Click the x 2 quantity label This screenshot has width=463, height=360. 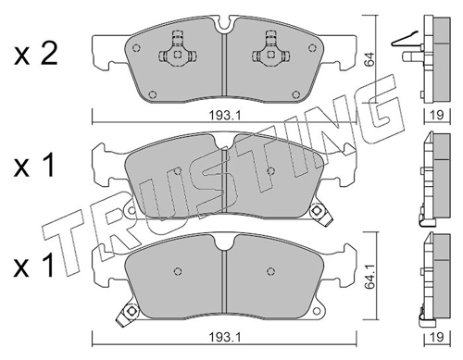pos(35,54)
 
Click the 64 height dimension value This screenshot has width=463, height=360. pos(369,59)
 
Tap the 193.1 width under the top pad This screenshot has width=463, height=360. pos(225,116)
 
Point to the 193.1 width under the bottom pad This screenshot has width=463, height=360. pos(225,337)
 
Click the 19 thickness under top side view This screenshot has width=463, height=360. pos(437,115)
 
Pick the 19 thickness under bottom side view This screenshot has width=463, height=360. pos(437,337)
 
